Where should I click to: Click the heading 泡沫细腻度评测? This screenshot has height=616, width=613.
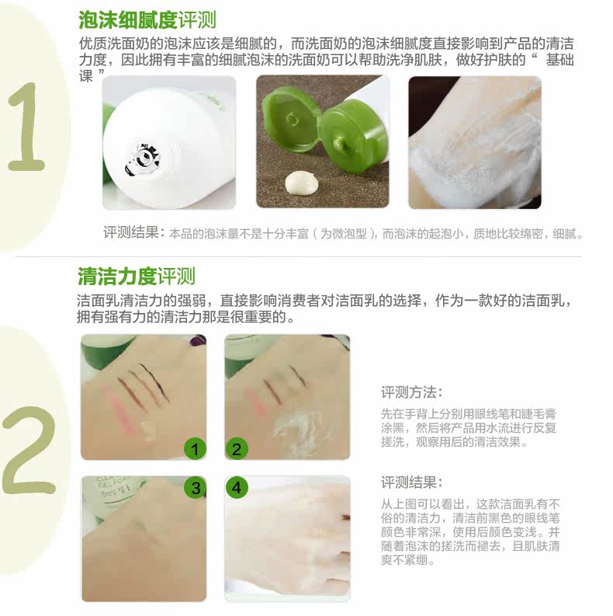pyautogui.click(x=147, y=19)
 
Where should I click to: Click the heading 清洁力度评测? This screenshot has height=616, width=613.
pyautogui.click(x=137, y=277)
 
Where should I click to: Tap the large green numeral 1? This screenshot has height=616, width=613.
pyautogui.click(x=26, y=127)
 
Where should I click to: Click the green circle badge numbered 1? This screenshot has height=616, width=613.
pyautogui.click(x=195, y=449)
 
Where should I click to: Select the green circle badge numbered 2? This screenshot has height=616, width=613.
pyautogui.click(x=237, y=449)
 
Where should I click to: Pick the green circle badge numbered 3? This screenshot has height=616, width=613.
pyautogui.click(x=196, y=488)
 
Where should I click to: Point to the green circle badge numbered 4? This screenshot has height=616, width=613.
pyautogui.click(x=237, y=488)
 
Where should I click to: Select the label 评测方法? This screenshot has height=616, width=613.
pyautogui.click(x=412, y=392)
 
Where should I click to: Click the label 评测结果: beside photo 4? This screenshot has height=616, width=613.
pyautogui.click(x=412, y=482)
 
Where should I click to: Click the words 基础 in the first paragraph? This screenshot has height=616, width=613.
pyautogui.click(x=560, y=60)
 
